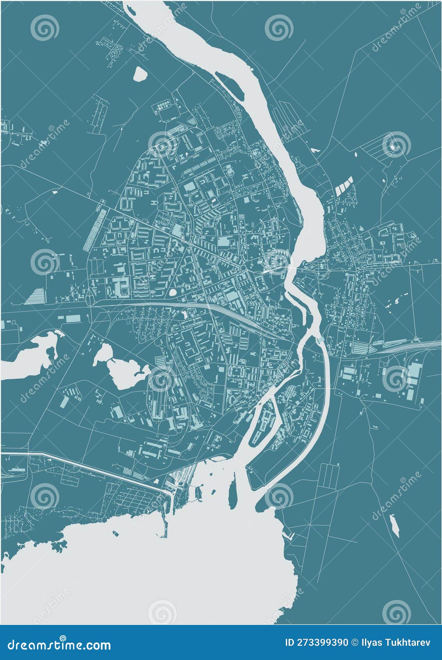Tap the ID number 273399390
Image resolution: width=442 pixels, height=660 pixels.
click(x=317, y=643)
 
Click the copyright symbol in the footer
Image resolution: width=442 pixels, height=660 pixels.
click(x=355, y=643)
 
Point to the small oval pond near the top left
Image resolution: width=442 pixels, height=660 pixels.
click(x=139, y=74)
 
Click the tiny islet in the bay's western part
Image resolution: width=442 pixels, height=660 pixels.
click(x=115, y=533)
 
